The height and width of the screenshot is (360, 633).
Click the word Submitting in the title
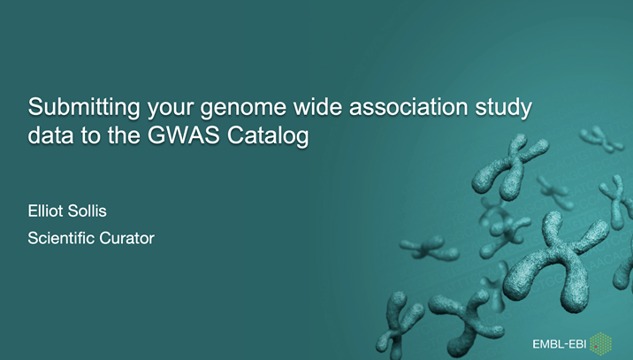(x=73, y=109)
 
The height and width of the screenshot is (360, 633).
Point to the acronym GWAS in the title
(x=180, y=137)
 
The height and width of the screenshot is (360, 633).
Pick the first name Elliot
(x=48, y=212)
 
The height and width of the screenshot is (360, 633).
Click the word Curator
(x=129, y=237)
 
